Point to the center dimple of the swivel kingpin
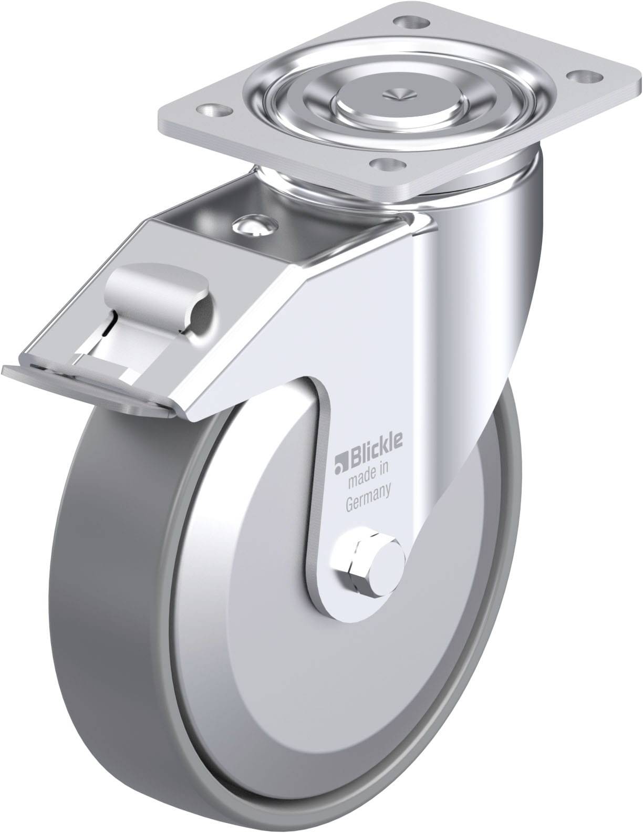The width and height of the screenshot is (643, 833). click(395, 93)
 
